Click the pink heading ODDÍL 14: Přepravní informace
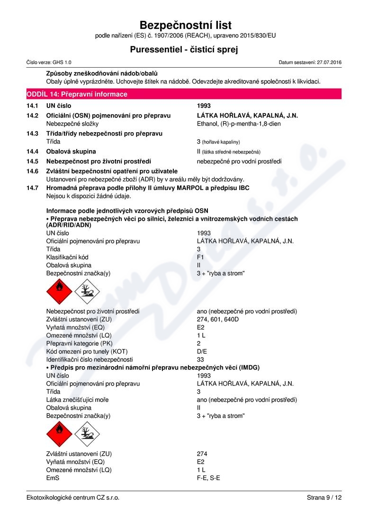tap(83, 94)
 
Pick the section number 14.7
tap(32, 188)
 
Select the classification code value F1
tap(200, 257)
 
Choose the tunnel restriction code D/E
tap(202, 351)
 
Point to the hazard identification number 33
tap(200, 359)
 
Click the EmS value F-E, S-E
tap(208, 478)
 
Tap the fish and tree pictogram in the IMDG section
tap(87, 434)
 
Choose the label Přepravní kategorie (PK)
tap(79, 343)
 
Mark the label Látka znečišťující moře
tap(77, 400)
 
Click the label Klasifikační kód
tap(67, 257)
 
